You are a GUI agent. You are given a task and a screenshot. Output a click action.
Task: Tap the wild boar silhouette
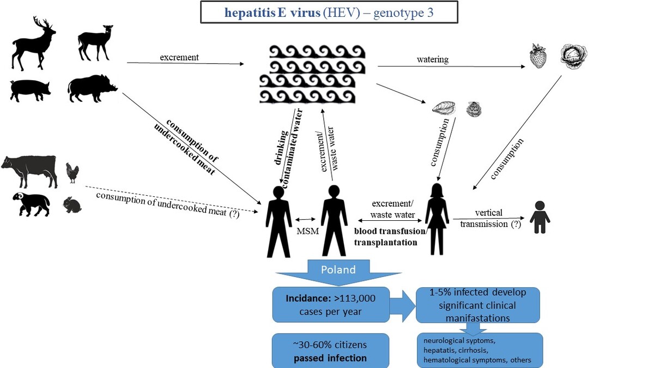click(x=92, y=88)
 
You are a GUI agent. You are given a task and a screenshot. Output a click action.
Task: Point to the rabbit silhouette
click(x=72, y=205)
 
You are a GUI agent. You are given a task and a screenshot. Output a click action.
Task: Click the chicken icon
click(x=72, y=172)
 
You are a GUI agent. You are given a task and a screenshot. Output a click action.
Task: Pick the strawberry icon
click(x=538, y=57)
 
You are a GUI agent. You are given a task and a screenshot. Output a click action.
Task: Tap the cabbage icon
click(x=573, y=57)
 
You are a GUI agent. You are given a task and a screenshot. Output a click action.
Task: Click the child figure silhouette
click(x=540, y=217)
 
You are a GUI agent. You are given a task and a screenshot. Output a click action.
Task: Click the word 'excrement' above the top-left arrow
click(x=179, y=57)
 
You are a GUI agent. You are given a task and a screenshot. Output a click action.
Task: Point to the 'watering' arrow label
click(x=432, y=59)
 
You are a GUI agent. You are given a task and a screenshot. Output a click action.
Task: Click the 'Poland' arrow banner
click(x=338, y=271)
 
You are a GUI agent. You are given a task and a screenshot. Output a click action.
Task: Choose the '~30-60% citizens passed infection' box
click(x=330, y=351)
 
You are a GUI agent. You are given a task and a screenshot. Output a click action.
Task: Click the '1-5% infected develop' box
click(x=477, y=305)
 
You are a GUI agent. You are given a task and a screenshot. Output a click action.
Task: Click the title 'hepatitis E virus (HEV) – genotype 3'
click(x=329, y=13)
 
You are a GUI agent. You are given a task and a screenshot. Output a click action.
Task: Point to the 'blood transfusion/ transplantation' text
click(x=390, y=237)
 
